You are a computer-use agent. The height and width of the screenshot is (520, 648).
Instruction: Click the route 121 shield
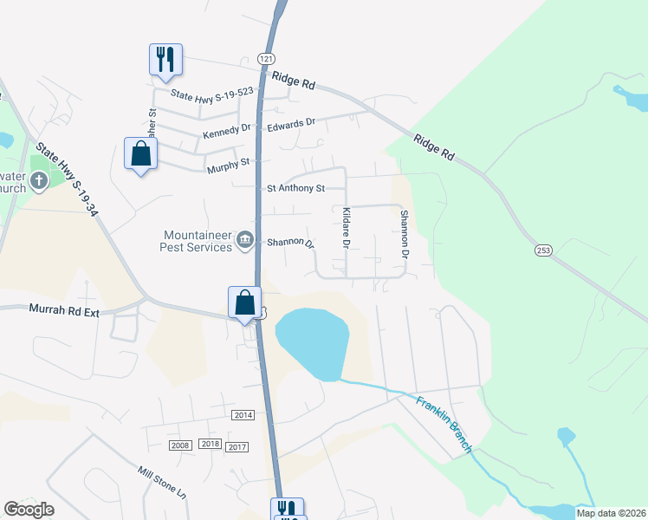[x=266, y=56]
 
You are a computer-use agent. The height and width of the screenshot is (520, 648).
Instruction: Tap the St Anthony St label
[x=295, y=187]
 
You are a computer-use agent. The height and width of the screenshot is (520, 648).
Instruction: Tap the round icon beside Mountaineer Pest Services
[x=245, y=240]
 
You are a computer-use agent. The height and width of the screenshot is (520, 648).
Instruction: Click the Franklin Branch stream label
[x=444, y=424]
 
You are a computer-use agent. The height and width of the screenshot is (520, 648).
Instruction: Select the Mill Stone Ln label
[x=162, y=482]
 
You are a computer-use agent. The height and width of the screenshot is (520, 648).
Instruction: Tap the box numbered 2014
[x=243, y=416]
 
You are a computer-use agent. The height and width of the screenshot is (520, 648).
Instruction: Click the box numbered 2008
[x=180, y=445]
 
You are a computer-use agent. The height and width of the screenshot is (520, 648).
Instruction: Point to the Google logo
[x=29, y=510]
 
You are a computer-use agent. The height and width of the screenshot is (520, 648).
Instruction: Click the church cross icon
[x=38, y=181]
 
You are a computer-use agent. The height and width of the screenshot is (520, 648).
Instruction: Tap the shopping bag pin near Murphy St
[x=140, y=155]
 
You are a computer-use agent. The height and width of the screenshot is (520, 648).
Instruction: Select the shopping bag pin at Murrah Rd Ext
[x=245, y=303]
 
